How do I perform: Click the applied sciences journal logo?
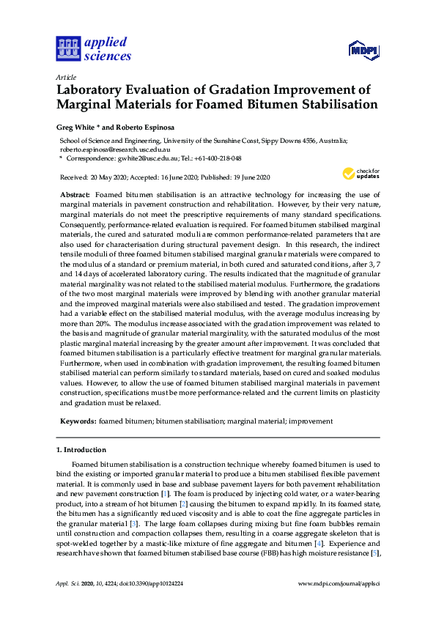click(94, 49)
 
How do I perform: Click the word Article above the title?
click(66, 76)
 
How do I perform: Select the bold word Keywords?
click(77, 421)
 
